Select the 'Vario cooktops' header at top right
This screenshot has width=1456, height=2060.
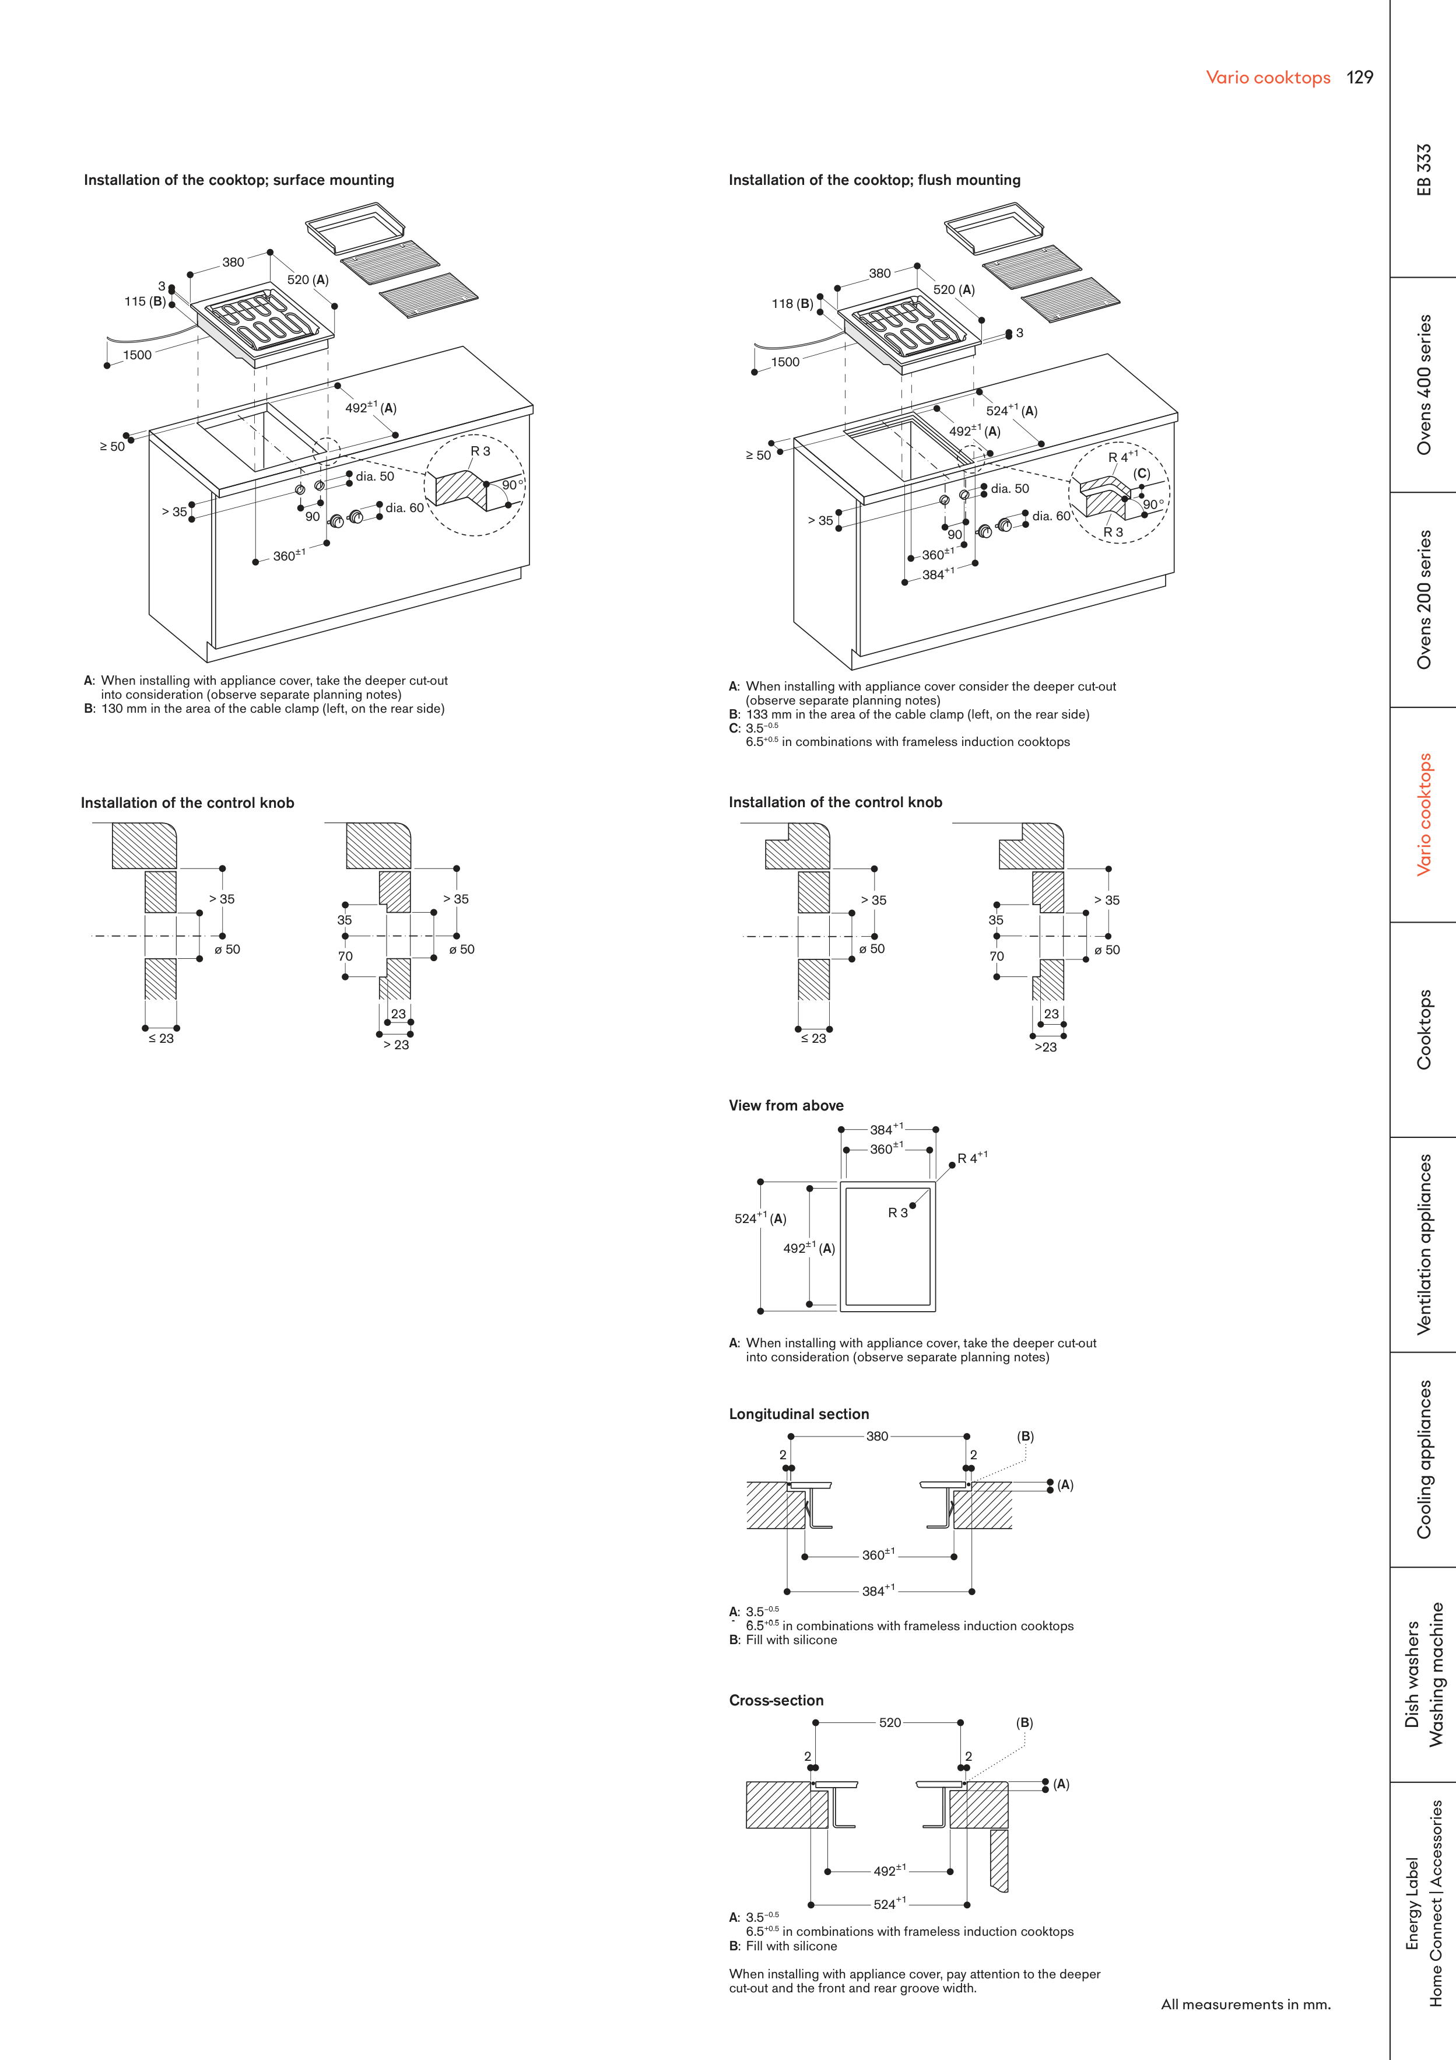pyautogui.click(x=1268, y=78)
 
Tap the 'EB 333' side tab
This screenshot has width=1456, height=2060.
pyautogui.click(x=1424, y=170)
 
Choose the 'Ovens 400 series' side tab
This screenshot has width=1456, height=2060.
pyautogui.click(x=1424, y=384)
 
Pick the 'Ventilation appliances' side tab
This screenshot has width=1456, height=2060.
pyautogui.click(x=1424, y=1245)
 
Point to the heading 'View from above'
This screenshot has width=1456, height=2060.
pyautogui.click(x=786, y=1105)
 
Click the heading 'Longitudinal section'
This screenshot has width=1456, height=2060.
pyautogui.click(x=798, y=1414)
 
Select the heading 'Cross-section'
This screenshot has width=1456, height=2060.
pyautogui.click(x=776, y=1700)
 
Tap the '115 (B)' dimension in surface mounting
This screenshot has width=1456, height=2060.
pyautogui.click(x=145, y=302)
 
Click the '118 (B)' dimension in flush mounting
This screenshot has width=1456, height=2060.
pyautogui.click(x=792, y=304)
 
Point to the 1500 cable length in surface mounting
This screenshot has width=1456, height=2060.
pyautogui.click(x=137, y=355)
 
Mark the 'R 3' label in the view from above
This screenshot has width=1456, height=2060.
pyautogui.click(x=898, y=1213)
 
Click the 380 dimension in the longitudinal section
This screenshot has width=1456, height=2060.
pyautogui.click(x=878, y=1437)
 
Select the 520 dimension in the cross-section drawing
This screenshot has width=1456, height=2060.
pyautogui.click(x=890, y=1723)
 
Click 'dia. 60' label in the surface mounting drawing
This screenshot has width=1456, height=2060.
pyautogui.click(x=405, y=508)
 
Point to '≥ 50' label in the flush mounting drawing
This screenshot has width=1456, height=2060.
pyautogui.click(x=758, y=456)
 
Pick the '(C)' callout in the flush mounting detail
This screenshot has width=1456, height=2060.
pyautogui.click(x=1141, y=474)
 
